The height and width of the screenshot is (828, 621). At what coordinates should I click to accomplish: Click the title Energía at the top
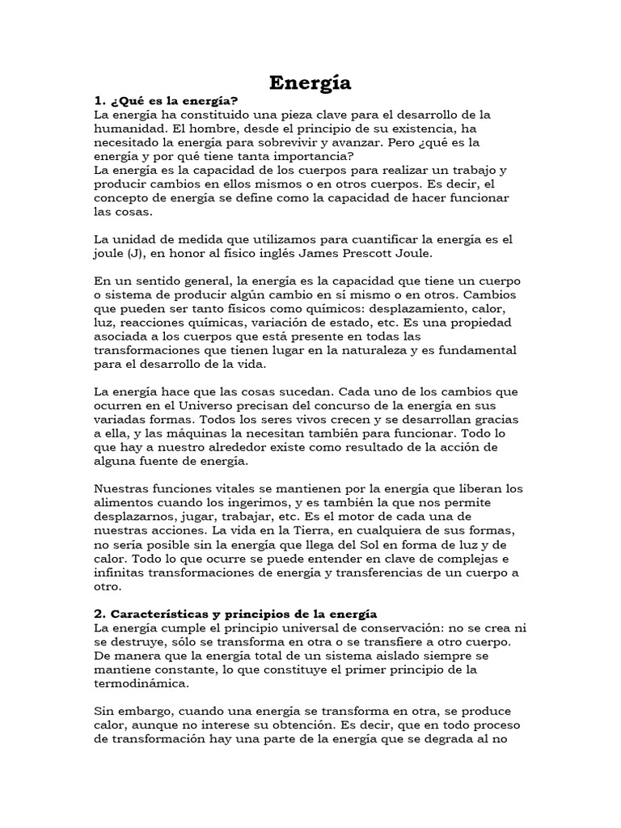point(310,82)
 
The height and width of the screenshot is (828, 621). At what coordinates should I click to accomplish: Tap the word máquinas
point(180,433)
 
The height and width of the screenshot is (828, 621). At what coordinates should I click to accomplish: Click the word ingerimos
point(243,504)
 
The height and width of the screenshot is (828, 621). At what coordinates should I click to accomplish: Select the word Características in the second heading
point(171,615)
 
